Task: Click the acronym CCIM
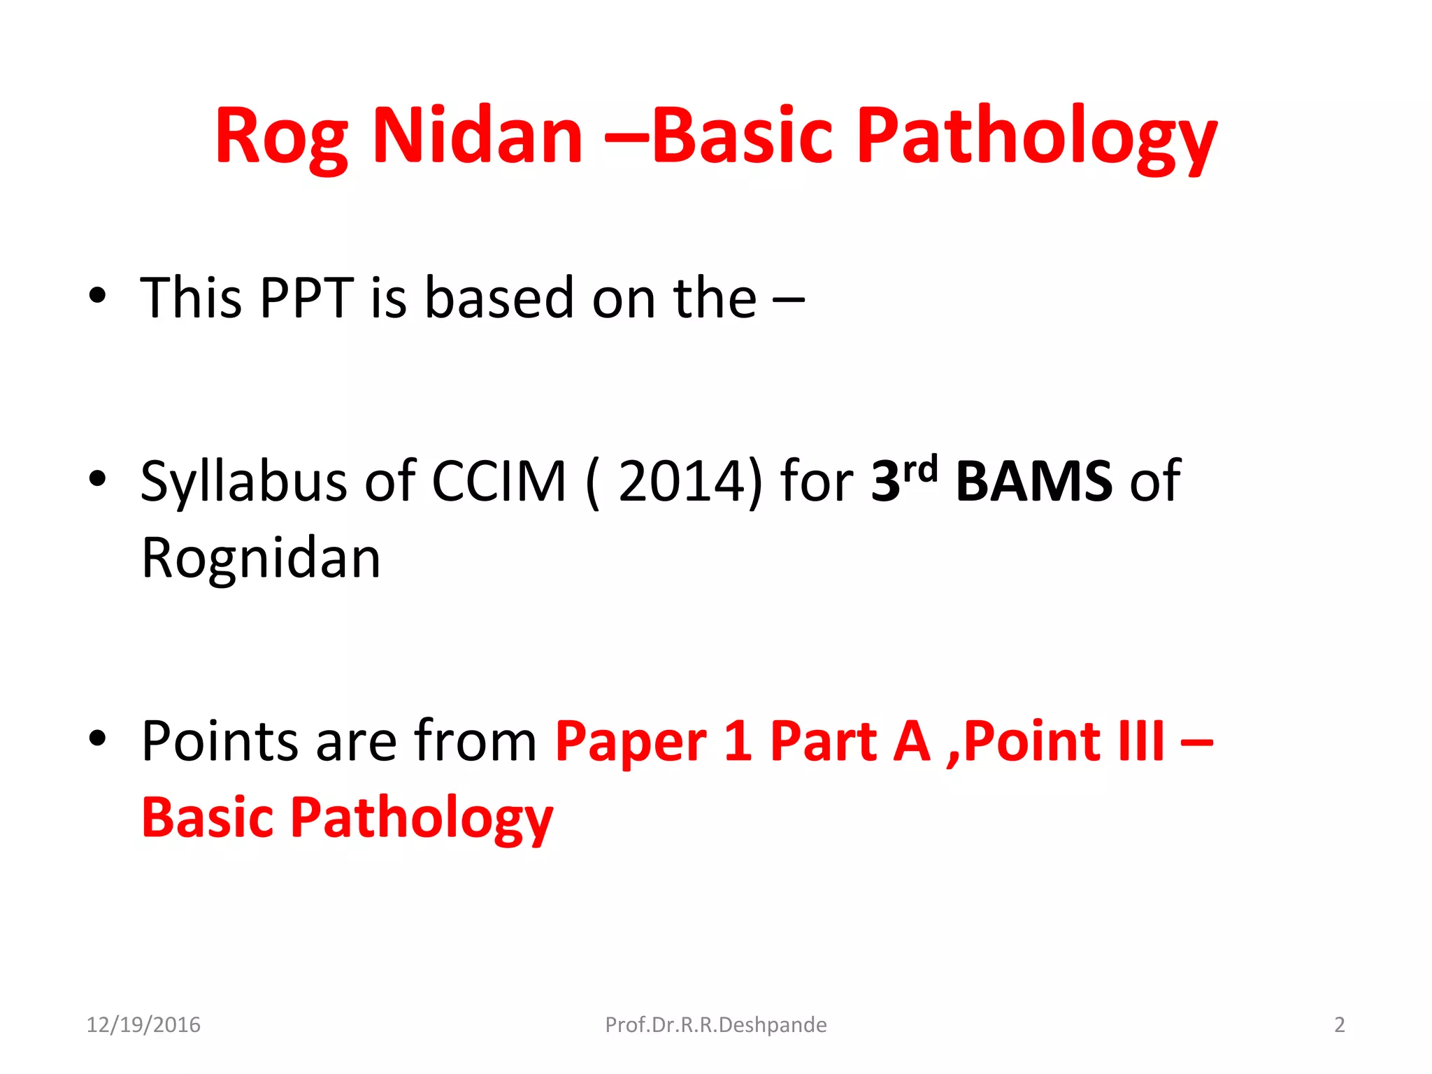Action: [499, 482]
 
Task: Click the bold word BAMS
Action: [1033, 482]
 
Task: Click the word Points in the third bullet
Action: [222, 741]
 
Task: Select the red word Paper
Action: [631, 741]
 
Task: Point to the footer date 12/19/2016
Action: [143, 1025]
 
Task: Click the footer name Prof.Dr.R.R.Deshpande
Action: [715, 1025]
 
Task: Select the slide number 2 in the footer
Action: [1339, 1025]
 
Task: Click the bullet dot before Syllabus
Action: [98, 479]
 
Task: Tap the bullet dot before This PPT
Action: [98, 296]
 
